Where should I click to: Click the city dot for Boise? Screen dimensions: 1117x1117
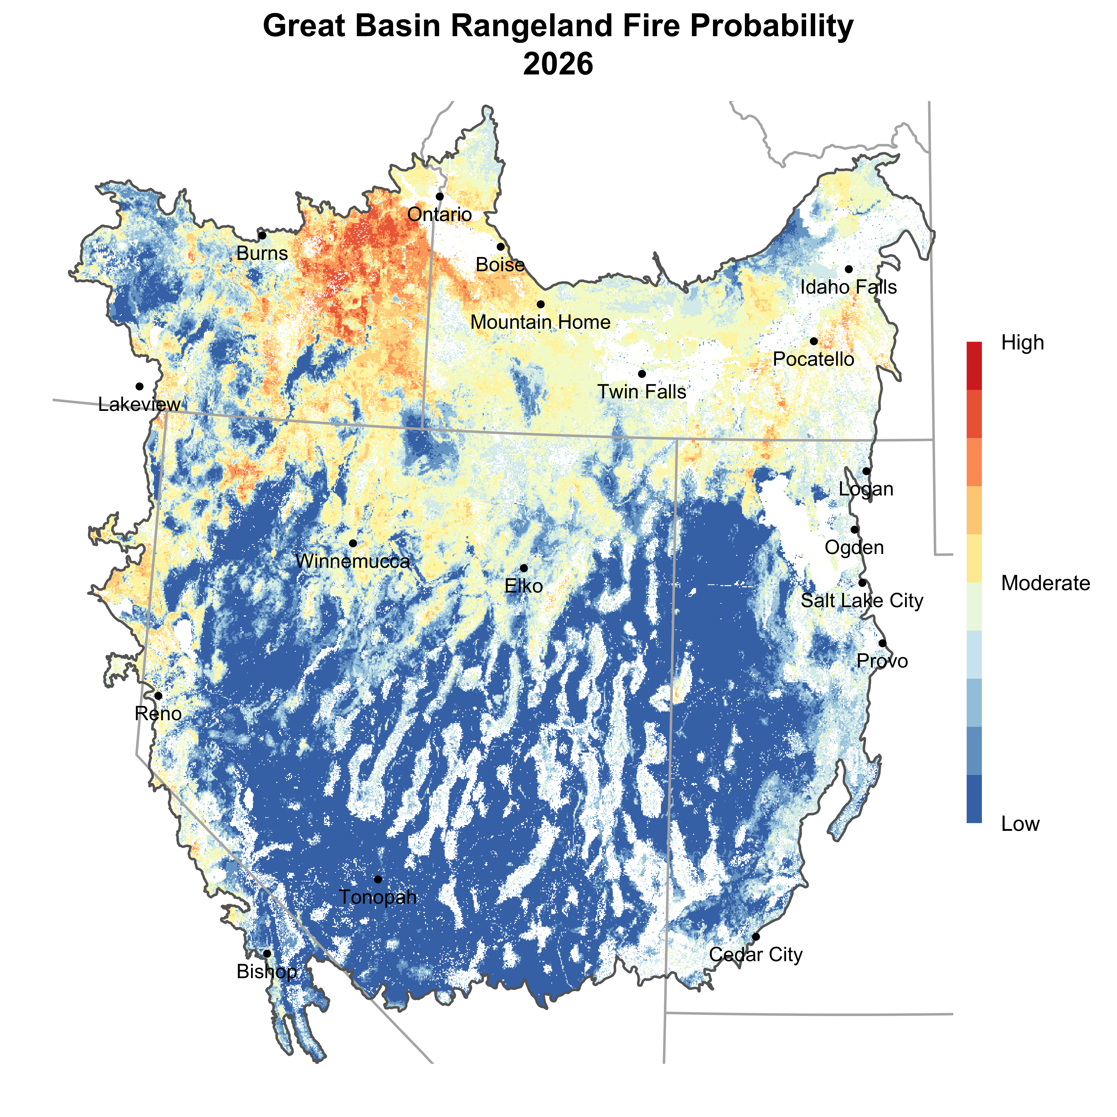501,247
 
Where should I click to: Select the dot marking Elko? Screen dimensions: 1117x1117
524,568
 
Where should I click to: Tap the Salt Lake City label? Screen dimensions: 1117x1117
862,601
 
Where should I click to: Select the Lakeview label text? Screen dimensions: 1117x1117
139,404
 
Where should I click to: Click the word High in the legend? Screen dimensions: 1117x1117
1023,343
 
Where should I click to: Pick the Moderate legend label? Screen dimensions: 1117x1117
1045,583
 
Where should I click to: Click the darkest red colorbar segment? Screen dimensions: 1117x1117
974,365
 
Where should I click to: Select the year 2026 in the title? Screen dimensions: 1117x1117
558,64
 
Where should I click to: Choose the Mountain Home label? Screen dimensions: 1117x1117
541,322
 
